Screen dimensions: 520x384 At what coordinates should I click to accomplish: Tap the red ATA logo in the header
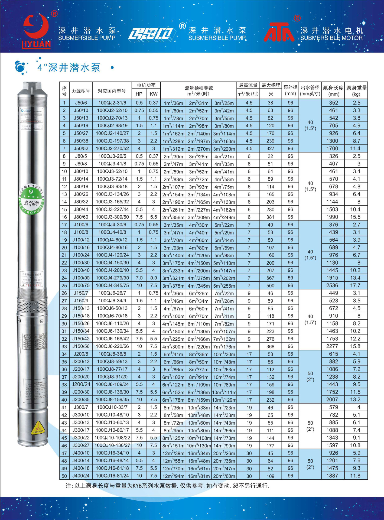tap(279, 32)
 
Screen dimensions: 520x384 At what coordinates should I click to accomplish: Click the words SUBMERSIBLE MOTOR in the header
tap(331, 38)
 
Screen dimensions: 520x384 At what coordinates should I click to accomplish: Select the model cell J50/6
tap(81, 103)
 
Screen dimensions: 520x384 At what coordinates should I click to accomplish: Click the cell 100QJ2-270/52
tap(112, 148)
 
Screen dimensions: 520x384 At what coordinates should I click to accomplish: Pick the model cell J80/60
tap(81, 217)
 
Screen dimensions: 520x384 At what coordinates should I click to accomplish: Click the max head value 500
tap(270, 285)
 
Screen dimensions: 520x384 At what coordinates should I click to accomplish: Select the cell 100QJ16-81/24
tap(112, 476)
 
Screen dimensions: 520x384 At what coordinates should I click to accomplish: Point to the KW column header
tap(153, 94)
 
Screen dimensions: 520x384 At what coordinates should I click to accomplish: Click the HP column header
tap(139, 94)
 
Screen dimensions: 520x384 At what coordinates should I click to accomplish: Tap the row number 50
tap(64, 476)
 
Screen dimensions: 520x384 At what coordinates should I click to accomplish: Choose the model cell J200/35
tap(81, 399)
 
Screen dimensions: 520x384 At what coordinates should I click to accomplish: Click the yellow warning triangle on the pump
tap(38, 428)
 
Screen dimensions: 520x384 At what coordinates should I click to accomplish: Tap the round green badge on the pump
tap(32, 199)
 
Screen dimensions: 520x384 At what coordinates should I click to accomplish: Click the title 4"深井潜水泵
tap(69, 67)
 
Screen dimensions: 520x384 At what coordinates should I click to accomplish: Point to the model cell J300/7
tap(81, 407)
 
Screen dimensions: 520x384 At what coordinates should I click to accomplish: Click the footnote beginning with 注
tap(167, 486)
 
